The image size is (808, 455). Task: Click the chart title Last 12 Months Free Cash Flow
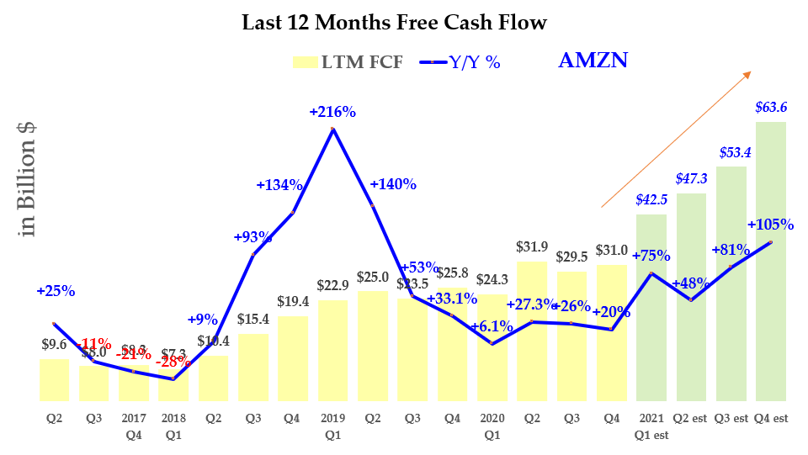coord(394,23)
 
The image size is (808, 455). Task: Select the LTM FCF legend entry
coord(348,61)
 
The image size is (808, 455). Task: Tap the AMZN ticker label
coord(593,61)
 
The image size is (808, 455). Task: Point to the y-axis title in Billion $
coord(28,179)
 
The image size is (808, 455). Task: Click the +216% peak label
coord(332,111)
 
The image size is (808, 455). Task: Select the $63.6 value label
coord(770,107)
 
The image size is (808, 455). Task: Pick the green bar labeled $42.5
coord(651,308)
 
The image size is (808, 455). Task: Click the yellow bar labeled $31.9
coord(531,331)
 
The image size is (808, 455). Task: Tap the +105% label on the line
coord(770,225)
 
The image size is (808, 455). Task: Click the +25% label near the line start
coord(56,291)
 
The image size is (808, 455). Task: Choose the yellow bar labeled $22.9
coord(332,351)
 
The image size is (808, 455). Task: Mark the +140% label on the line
coord(393,185)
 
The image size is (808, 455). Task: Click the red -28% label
coord(175,362)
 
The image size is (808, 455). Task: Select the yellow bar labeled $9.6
coord(55,380)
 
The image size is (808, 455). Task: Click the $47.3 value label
coord(690,179)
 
